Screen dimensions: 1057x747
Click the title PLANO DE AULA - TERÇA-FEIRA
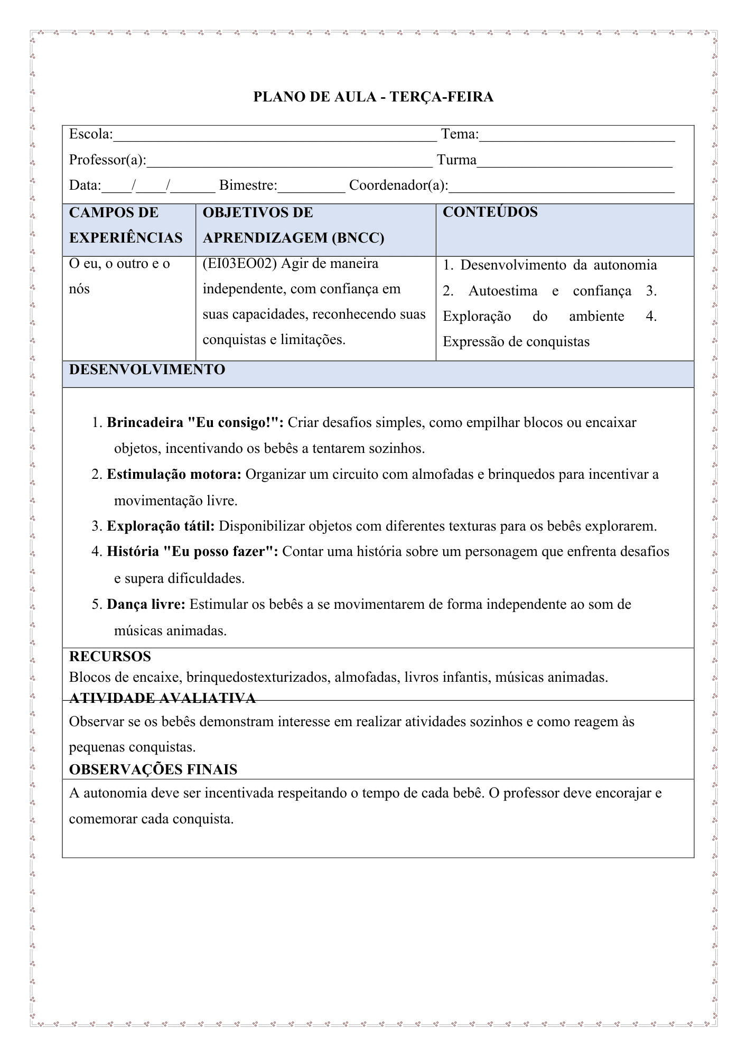click(x=373, y=97)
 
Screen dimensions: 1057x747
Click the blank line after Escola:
click(x=275, y=136)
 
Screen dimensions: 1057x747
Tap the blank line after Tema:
click(x=576, y=136)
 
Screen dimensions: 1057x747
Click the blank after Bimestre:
click(x=311, y=188)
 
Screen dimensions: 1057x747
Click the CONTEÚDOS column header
click(x=490, y=212)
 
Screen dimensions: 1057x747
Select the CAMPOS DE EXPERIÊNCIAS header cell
click(x=126, y=225)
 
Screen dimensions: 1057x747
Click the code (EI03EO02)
click(x=239, y=264)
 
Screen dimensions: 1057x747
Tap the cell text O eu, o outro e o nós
click(x=119, y=276)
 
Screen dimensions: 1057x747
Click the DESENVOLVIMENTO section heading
click(x=147, y=370)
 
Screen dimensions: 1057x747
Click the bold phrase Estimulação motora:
click(x=174, y=475)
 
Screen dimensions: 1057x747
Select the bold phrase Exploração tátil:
click(x=161, y=526)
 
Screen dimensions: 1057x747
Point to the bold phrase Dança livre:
click(x=146, y=605)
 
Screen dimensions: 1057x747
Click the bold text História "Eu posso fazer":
click(x=192, y=552)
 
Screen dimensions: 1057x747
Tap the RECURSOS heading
click(x=110, y=657)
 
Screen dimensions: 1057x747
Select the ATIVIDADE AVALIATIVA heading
click(x=162, y=699)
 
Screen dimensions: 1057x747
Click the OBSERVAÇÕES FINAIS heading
click(x=153, y=769)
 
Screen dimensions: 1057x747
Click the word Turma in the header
click(x=456, y=160)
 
